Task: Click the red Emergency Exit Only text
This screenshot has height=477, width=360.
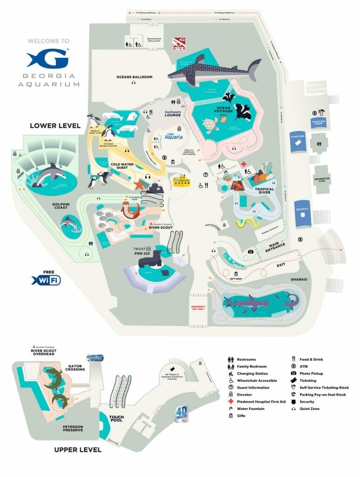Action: click(198, 307)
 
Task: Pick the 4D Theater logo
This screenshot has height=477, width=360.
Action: click(182, 414)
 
